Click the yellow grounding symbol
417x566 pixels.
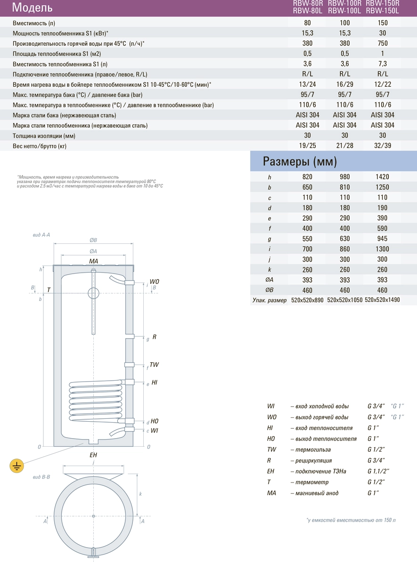tap(17, 466)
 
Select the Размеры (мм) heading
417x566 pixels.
tap(300, 162)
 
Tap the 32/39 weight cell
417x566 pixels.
tap(382, 146)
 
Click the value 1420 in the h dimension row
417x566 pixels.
tap(382, 177)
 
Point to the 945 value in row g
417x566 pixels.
tap(382, 239)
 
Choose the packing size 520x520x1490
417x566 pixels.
tap(382, 300)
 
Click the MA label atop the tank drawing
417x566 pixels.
tap(93, 261)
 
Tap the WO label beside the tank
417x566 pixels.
tap(154, 282)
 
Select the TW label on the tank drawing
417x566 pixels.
tap(154, 365)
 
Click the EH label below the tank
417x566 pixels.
tap(93, 455)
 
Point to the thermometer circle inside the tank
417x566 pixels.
tap(94, 292)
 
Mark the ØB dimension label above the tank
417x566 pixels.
tap(93, 239)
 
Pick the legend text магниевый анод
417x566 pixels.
tap(317, 493)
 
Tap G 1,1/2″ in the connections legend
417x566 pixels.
tap(378, 471)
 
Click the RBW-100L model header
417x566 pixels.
tap(344, 10)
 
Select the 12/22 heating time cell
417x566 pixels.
tap(382, 84)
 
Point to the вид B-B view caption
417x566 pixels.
tap(42, 477)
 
